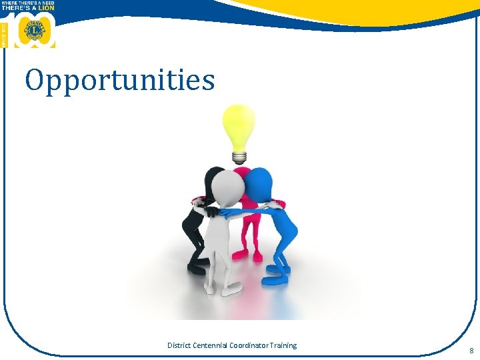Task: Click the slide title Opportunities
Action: click(x=120, y=81)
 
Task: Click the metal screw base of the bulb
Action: click(x=239, y=157)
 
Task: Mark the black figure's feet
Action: click(x=196, y=268)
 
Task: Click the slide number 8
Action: click(x=471, y=351)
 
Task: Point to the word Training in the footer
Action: click(x=285, y=345)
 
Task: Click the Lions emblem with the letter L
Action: click(x=33, y=31)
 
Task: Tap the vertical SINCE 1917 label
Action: click(x=4, y=33)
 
